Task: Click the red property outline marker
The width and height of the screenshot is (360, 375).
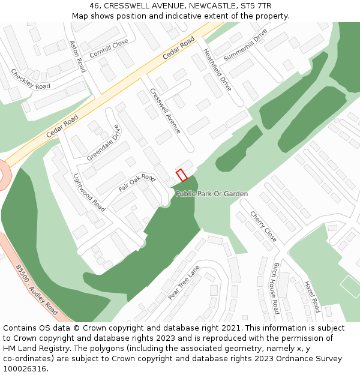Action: tap(181, 175)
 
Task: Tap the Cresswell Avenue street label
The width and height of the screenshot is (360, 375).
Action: tap(165, 111)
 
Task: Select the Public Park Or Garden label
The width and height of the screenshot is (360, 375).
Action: tap(212, 194)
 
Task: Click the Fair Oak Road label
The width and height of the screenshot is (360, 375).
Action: tap(137, 183)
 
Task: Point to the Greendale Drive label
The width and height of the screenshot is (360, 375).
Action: tap(103, 143)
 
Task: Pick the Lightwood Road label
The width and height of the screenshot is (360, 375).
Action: tap(89, 193)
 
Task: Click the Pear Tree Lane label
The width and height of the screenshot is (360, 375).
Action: tap(184, 283)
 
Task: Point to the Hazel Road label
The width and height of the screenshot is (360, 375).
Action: tap(310, 296)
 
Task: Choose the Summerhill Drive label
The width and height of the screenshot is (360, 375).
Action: tap(245, 45)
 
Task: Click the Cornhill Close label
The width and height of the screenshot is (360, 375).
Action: tap(109, 47)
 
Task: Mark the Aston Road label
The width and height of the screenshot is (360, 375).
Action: tap(77, 56)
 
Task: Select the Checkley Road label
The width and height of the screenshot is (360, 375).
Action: tap(31, 79)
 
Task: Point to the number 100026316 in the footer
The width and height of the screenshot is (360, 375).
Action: tap(25, 368)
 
